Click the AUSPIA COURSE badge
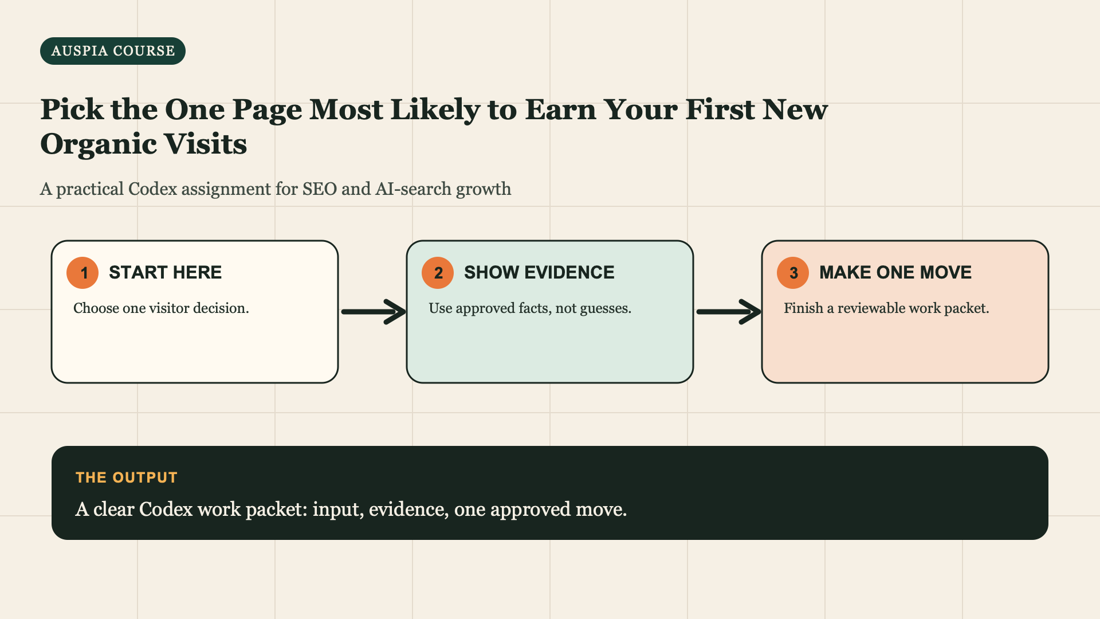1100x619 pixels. pos(113,51)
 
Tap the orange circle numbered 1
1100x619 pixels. pos(82,273)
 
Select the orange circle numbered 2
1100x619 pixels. pos(438,273)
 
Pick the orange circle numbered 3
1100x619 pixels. pos(793,273)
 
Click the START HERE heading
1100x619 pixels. pos(165,272)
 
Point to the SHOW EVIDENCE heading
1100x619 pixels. pos(539,272)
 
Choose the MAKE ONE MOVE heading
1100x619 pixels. pos(895,272)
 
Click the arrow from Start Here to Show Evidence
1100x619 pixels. pos(374,312)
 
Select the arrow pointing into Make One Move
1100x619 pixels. pos(729,312)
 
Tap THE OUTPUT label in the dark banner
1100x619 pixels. pos(127,477)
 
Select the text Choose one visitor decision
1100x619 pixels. pos(161,308)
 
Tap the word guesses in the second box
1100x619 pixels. pos(606,309)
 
